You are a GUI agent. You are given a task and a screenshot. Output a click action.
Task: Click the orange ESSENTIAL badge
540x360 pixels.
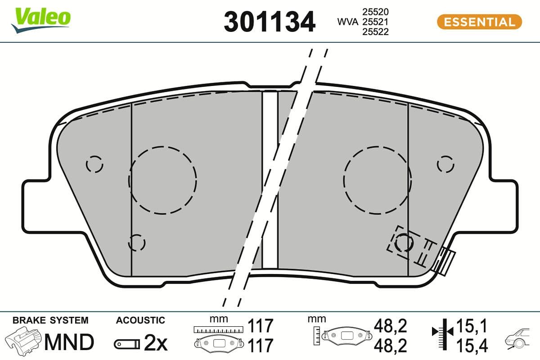(479, 22)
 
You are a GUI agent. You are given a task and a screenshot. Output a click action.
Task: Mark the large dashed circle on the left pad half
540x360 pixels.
(162, 180)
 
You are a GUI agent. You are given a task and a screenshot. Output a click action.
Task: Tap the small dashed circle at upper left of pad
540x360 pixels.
(94, 164)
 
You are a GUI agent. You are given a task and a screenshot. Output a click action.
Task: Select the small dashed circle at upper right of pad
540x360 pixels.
(445, 164)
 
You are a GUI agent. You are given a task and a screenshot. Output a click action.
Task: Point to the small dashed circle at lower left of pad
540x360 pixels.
(137, 243)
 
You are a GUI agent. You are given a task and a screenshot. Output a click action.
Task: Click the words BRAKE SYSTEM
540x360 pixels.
(50, 320)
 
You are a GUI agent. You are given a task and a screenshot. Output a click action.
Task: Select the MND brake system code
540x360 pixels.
(68, 342)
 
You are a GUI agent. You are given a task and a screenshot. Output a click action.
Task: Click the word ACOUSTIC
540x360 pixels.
(140, 320)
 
